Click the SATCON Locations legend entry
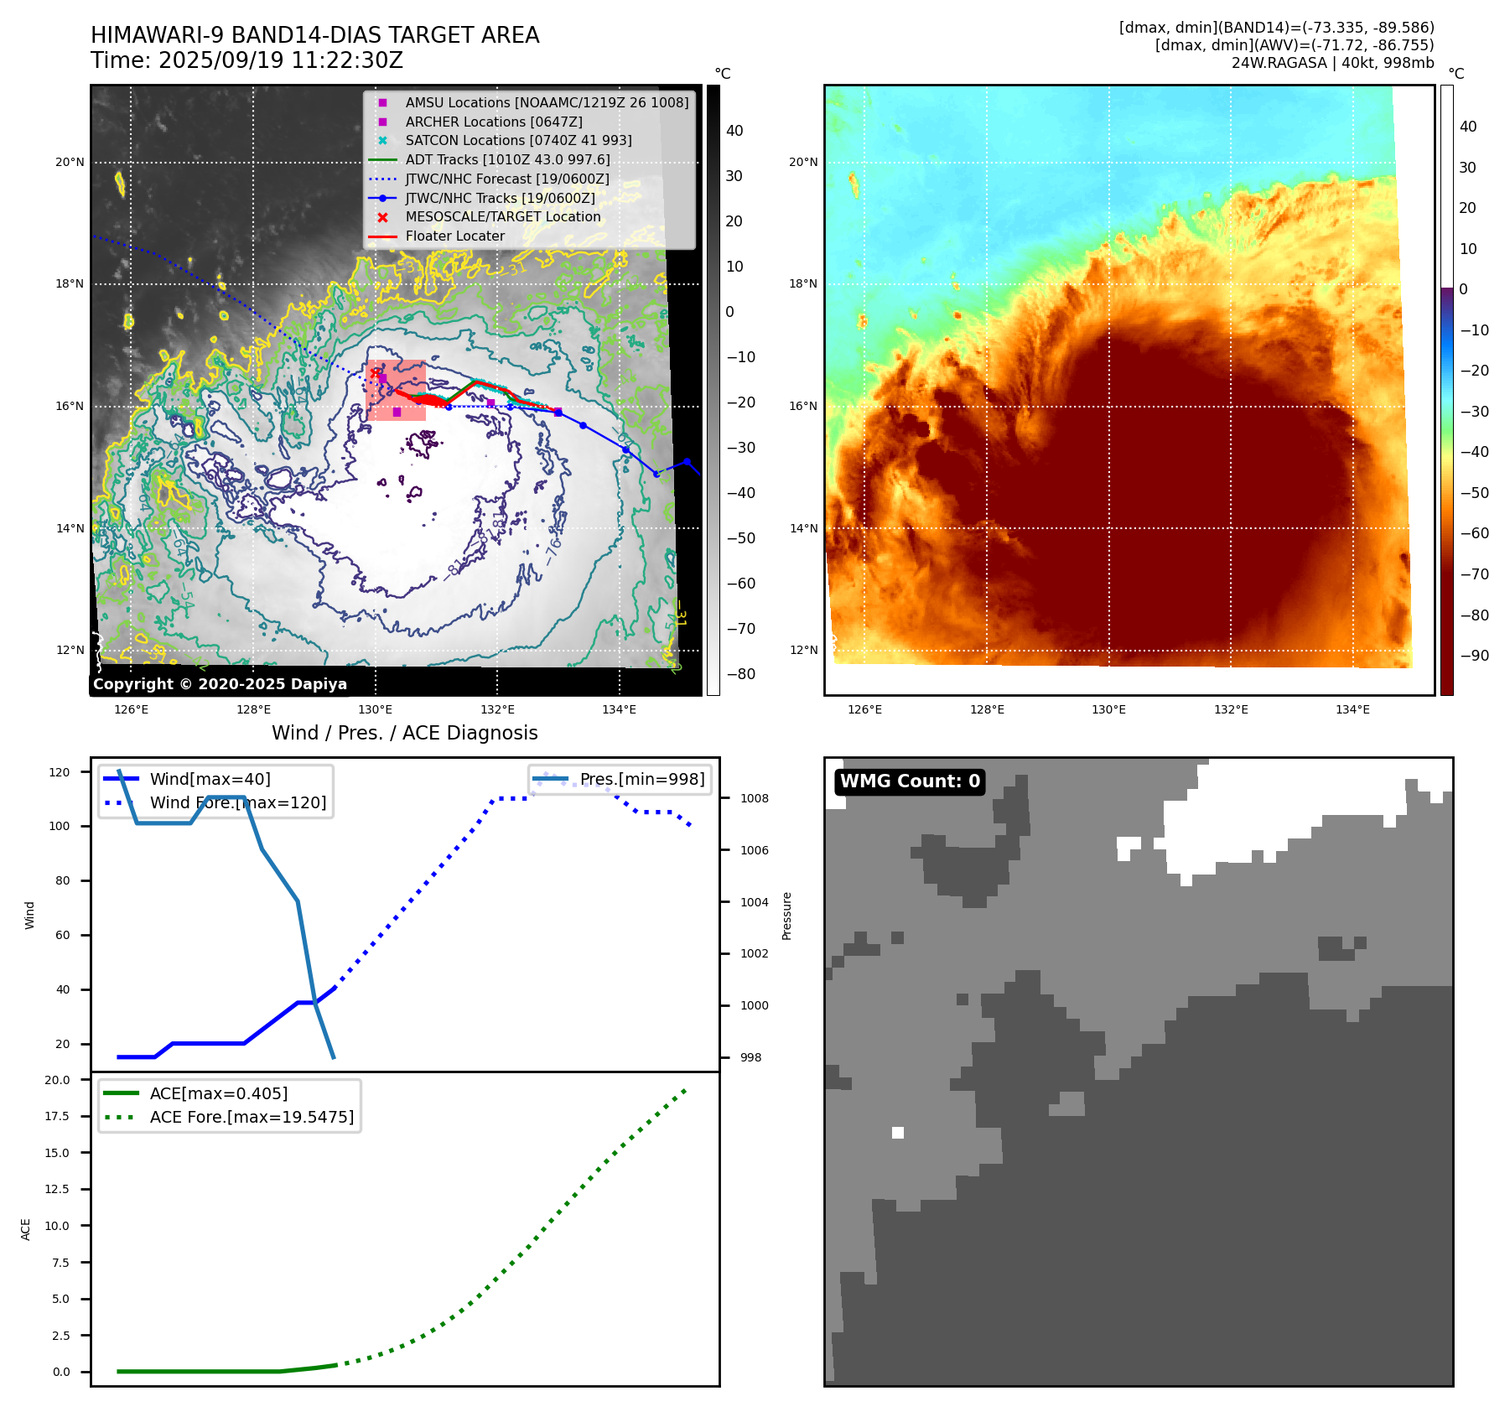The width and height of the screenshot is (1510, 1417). pyautogui.click(x=518, y=141)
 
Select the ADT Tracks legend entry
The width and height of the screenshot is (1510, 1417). pyautogui.click(x=507, y=159)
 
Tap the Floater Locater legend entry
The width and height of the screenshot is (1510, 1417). pyautogui.click(x=454, y=236)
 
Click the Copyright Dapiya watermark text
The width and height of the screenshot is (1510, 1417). pyautogui.click(x=220, y=684)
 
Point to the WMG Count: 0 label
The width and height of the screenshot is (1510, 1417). pyautogui.click(x=910, y=781)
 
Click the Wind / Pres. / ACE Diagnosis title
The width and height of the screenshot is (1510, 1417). pyautogui.click(x=404, y=733)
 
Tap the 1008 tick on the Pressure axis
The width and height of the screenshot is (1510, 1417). pyautogui.click(x=754, y=798)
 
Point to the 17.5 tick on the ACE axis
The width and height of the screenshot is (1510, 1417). pyautogui.click(x=58, y=1116)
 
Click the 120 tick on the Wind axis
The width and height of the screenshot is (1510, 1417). pyautogui.click(x=60, y=772)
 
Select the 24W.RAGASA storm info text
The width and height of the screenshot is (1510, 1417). pyautogui.click(x=1332, y=63)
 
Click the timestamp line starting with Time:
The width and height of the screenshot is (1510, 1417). pyautogui.click(x=246, y=61)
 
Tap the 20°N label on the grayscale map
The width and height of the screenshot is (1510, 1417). pyautogui.click(x=70, y=163)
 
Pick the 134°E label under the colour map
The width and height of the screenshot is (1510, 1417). pyautogui.click(x=1352, y=710)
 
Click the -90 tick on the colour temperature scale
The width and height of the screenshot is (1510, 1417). pyautogui.click(x=1474, y=656)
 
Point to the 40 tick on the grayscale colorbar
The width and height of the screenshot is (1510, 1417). pyautogui.click(x=734, y=131)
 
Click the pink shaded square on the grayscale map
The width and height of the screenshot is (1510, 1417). pyautogui.click(x=397, y=391)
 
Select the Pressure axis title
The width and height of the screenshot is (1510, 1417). pyautogui.click(x=786, y=916)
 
